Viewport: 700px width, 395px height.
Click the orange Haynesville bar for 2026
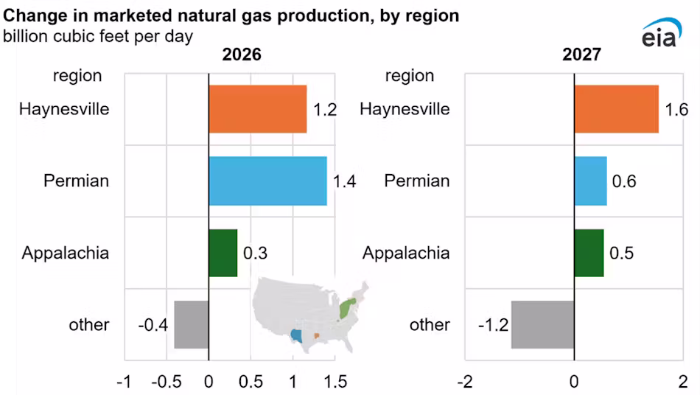pyautogui.click(x=257, y=109)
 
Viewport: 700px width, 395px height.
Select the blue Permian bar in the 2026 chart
pyautogui.click(x=267, y=181)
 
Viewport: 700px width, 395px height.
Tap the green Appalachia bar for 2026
pyautogui.click(x=223, y=253)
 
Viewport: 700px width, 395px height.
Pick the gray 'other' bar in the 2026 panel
pyautogui.click(x=191, y=324)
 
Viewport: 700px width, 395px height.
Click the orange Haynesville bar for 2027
pyautogui.click(x=616, y=109)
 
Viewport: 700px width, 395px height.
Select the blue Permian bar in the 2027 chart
pyautogui.click(x=590, y=181)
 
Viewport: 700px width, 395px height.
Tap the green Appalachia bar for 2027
pyautogui.click(x=589, y=253)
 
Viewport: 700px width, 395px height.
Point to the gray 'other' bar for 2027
pyautogui.click(x=542, y=324)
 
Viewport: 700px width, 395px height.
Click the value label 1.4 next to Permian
pyautogui.click(x=343, y=181)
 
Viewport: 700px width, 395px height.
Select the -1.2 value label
pyautogui.click(x=490, y=325)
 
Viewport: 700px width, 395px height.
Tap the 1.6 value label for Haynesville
pyautogui.click(x=676, y=110)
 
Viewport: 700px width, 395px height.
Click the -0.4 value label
pyautogui.click(x=153, y=325)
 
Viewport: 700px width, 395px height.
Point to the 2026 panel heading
pyautogui.click(x=242, y=55)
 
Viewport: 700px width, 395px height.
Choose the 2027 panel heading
pyautogui.click(x=581, y=55)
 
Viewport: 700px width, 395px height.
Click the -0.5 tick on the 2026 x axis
pyautogui.click(x=167, y=382)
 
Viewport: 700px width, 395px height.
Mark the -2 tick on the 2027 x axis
pyautogui.click(x=464, y=382)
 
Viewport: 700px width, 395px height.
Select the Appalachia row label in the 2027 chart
pyautogui.click(x=406, y=254)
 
